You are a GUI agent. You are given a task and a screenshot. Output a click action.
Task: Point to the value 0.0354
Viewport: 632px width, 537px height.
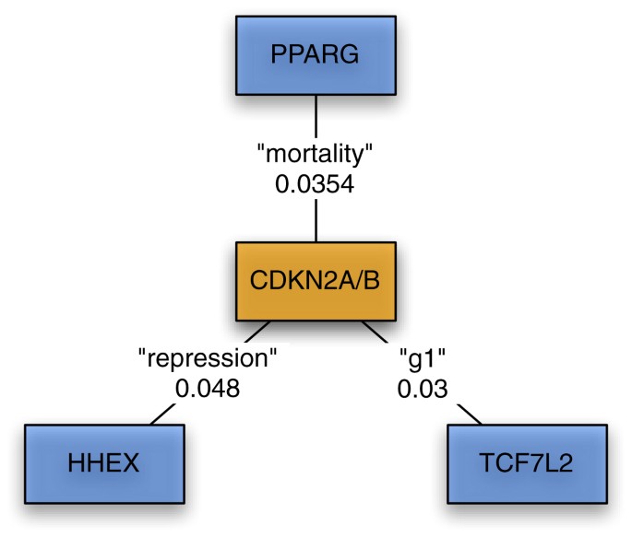click(x=316, y=184)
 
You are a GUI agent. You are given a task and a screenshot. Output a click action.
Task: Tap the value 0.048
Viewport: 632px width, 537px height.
click(x=208, y=388)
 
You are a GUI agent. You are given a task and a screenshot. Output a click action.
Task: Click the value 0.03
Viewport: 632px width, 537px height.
click(x=423, y=388)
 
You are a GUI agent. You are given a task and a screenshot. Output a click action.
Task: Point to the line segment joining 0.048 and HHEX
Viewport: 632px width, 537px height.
click(x=163, y=415)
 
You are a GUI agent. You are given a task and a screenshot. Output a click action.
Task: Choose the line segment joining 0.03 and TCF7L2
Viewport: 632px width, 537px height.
click(x=466, y=415)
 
